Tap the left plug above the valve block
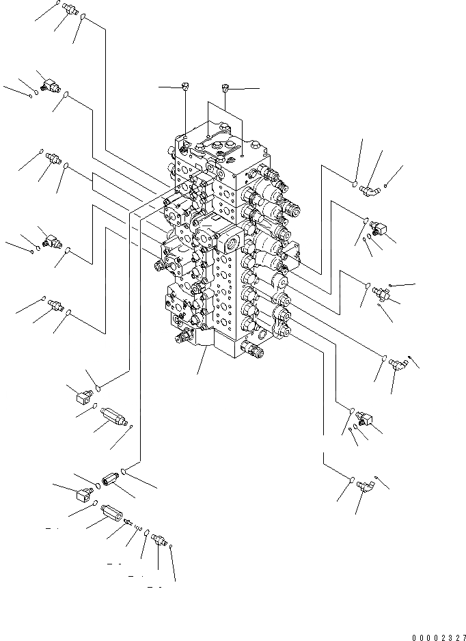[x=185, y=85]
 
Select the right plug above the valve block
[x=225, y=87]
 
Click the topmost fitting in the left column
[x=68, y=9]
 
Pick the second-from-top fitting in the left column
[x=50, y=85]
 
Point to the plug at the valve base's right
[x=256, y=351]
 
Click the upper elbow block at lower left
[x=84, y=394]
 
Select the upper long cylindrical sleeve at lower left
[x=113, y=416]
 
